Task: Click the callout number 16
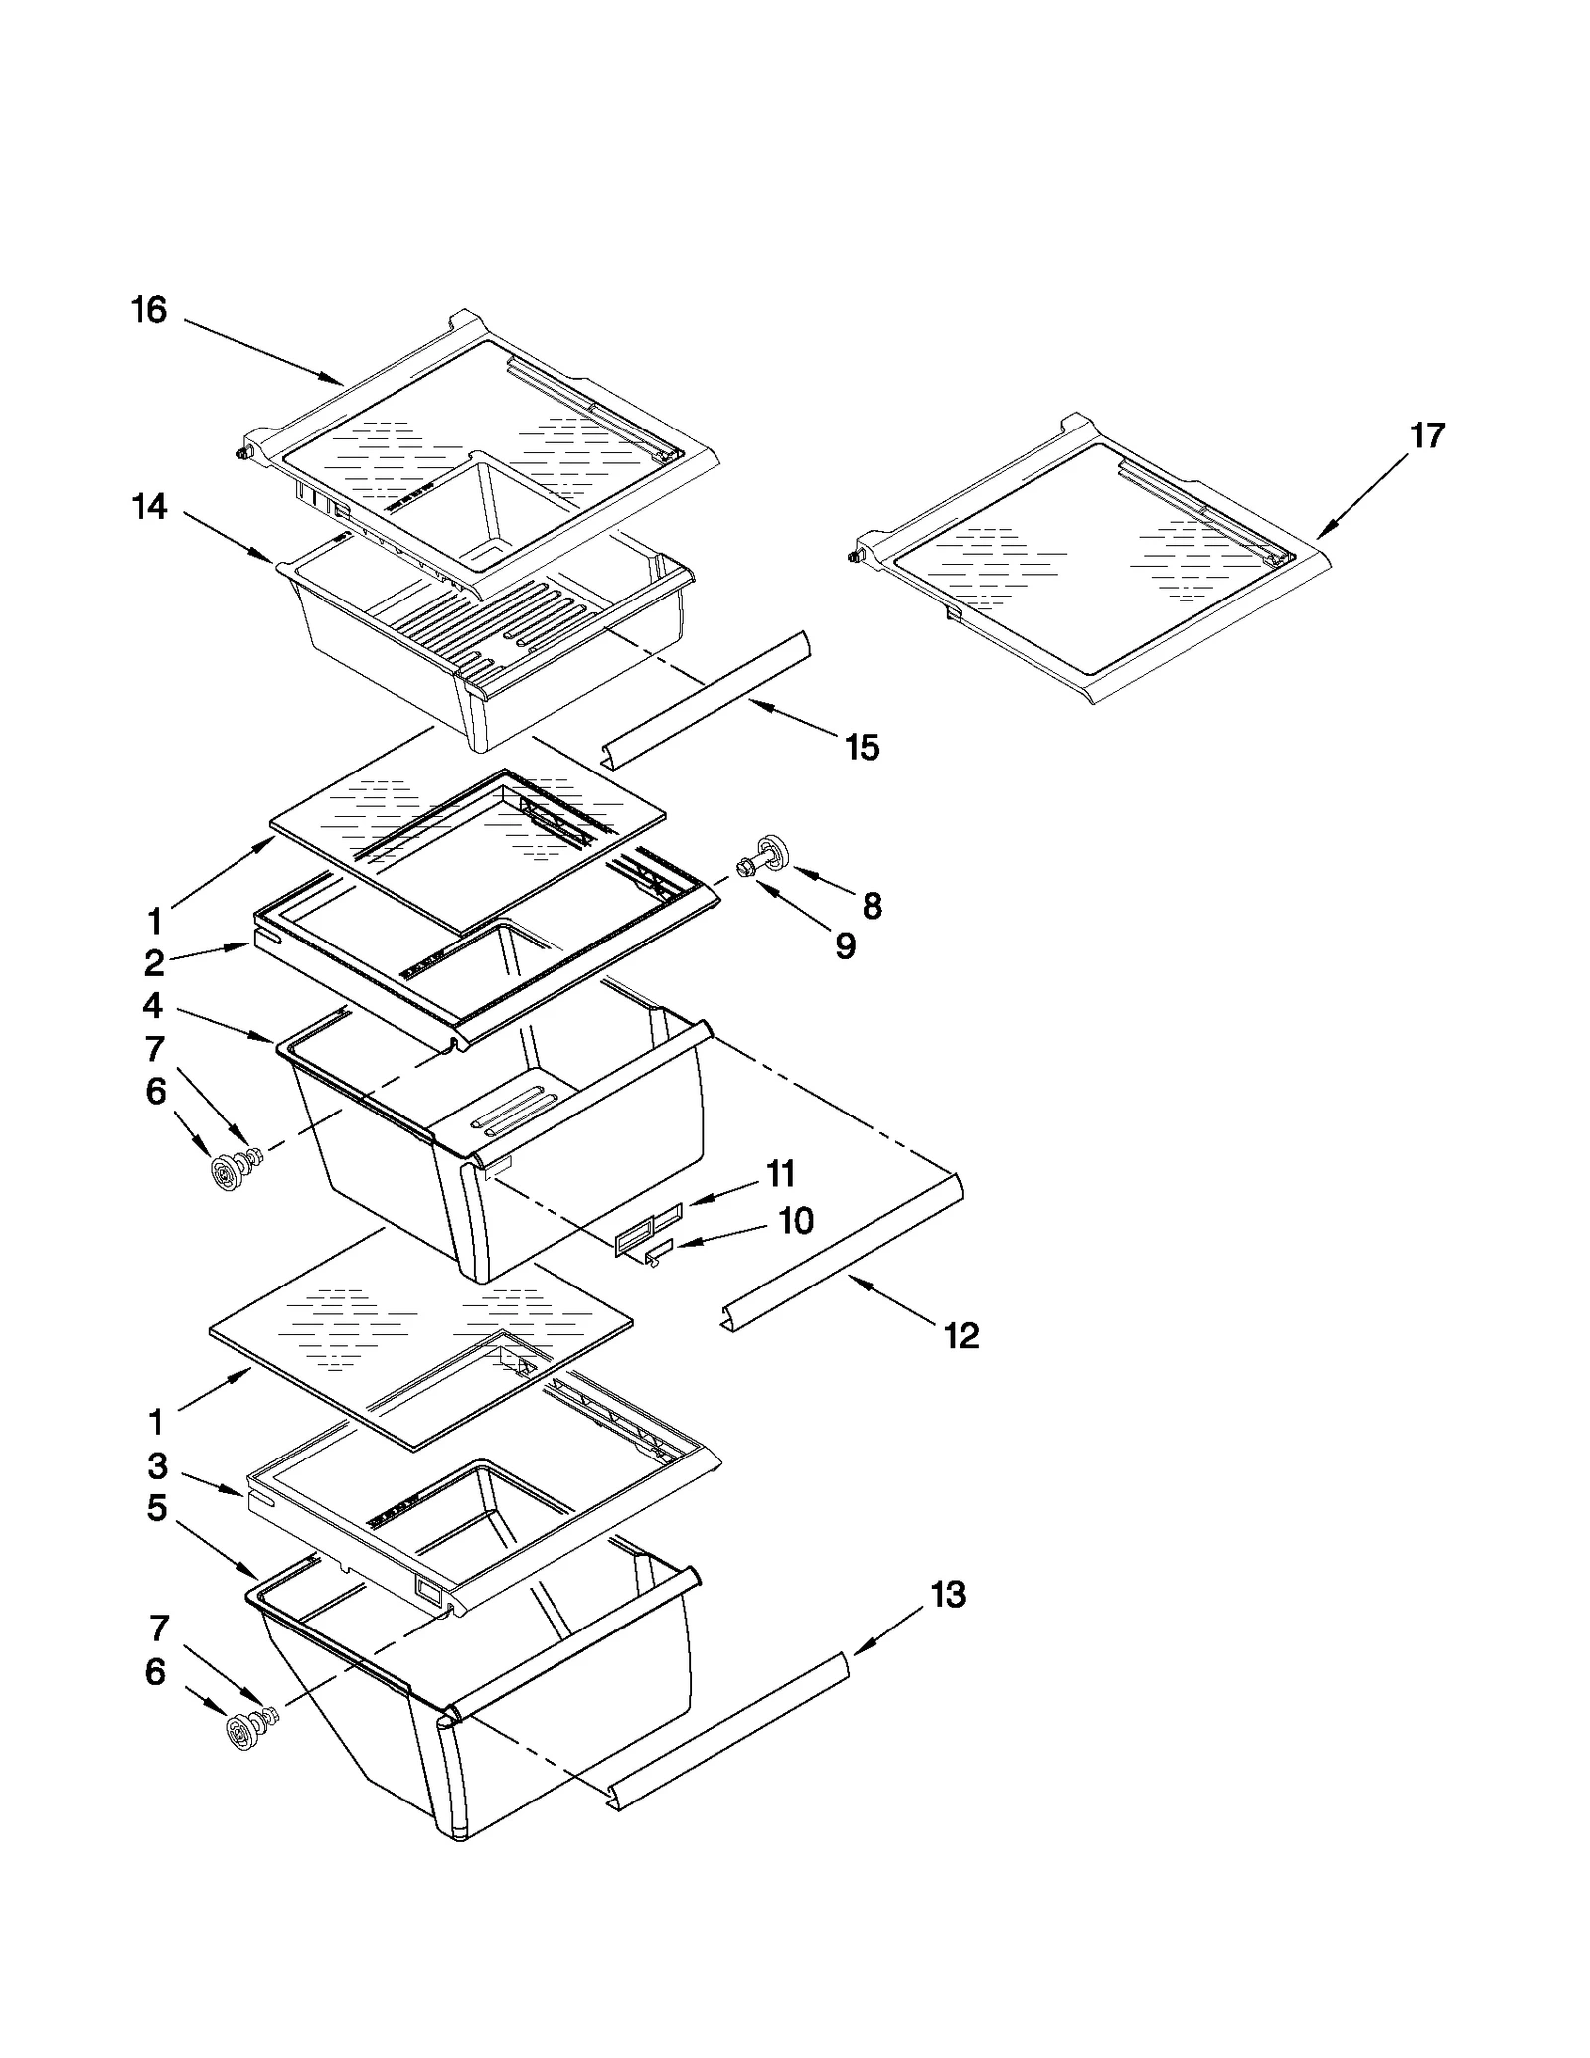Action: tap(149, 311)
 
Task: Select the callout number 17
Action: tap(1427, 435)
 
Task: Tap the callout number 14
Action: tap(150, 507)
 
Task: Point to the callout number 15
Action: tap(862, 747)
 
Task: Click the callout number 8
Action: tap(872, 905)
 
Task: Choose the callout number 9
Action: tap(845, 945)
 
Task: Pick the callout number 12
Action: tap(961, 1335)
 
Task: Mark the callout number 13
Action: tap(948, 1595)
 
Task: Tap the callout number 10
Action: tap(796, 1220)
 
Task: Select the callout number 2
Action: tap(153, 962)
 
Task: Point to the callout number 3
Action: tap(157, 1465)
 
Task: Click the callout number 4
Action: tap(152, 1006)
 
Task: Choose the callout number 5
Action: tap(156, 1508)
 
